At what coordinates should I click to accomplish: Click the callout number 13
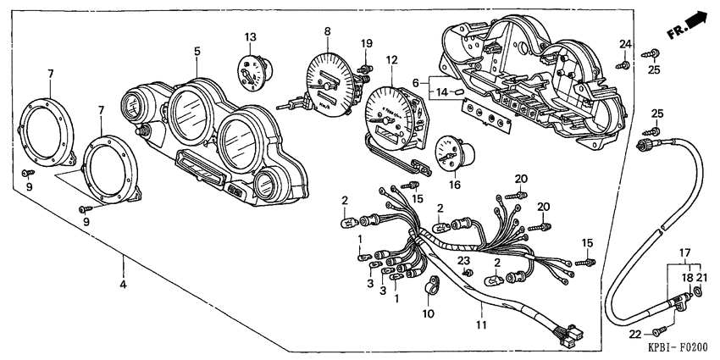[x=250, y=36]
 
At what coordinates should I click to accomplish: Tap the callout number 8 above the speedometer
[x=328, y=31]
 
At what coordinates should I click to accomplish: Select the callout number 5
[x=197, y=51]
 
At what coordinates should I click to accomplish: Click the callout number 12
[x=390, y=60]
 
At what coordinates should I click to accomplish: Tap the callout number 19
[x=366, y=43]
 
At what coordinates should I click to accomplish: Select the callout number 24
[x=624, y=44]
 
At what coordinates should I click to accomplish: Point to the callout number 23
[x=464, y=260]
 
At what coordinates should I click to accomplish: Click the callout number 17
[x=684, y=252]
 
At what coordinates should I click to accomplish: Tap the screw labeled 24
[x=623, y=63]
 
